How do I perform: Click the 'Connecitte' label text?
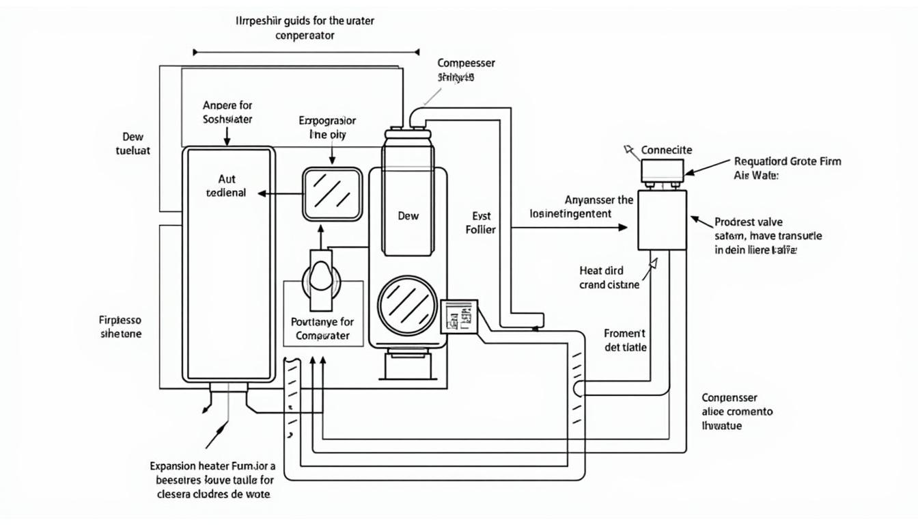[667, 150]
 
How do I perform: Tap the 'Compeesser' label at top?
[466, 63]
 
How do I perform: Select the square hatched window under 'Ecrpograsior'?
[332, 194]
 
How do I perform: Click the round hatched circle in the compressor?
[407, 301]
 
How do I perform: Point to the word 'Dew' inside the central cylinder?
[408, 215]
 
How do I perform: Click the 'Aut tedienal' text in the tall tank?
[225, 186]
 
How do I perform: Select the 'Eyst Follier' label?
[480, 223]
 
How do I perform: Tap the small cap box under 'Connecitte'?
[662, 170]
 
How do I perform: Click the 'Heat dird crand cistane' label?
[609, 278]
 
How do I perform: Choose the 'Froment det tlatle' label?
[625, 340]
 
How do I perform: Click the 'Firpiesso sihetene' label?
[120, 327]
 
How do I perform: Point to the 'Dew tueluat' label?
[133, 143]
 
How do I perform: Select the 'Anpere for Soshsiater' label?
[227, 112]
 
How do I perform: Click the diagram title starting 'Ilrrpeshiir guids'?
[305, 27]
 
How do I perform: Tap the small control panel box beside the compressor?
[458, 316]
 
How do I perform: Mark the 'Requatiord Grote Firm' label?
[787, 162]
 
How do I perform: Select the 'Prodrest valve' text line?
[749, 222]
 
